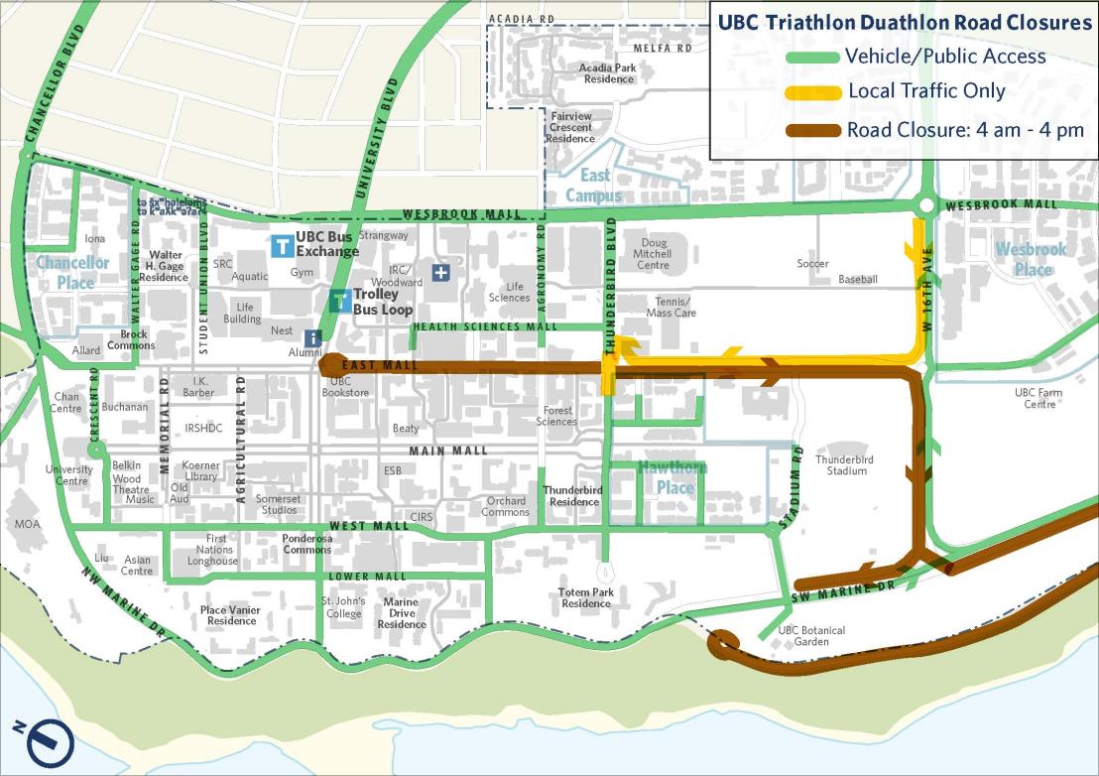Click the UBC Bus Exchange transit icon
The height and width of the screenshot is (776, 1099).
(x=282, y=245)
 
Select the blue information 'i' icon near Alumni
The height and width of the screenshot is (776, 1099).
(x=313, y=338)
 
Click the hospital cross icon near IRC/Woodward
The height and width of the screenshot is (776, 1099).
(x=440, y=272)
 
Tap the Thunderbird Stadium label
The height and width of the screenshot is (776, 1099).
(x=840, y=464)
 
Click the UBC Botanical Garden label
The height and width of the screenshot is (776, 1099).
(x=811, y=636)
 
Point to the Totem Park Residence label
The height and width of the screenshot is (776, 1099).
(x=586, y=597)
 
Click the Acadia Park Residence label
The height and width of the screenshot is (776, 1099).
(x=608, y=73)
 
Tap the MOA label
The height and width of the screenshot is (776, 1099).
(x=29, y=523)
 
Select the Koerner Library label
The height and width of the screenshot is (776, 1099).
(x=200, y=471)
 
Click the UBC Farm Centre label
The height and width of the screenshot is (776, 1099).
(x=1038, y=398)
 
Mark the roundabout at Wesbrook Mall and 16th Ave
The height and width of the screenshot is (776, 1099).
(x=925, y=206)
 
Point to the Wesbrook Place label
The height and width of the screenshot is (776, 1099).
(x=1033, y=259)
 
